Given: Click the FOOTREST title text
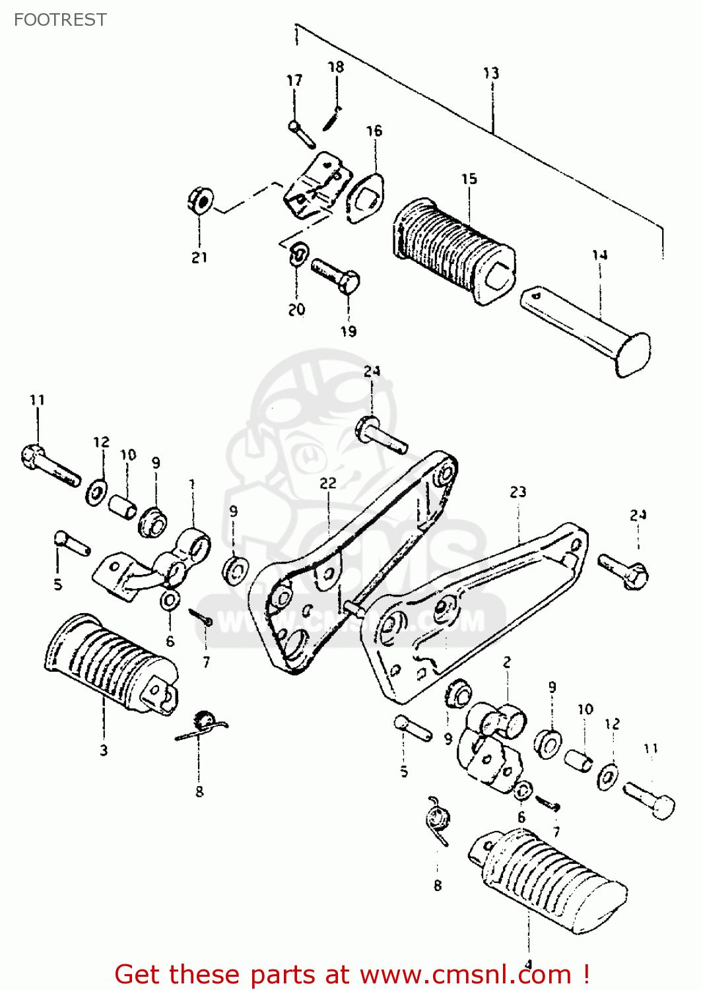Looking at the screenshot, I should tap(60, 20).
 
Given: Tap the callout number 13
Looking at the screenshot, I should tap(491, 73).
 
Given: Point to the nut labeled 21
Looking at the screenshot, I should tap(200, 200).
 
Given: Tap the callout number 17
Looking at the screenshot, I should tap(294, 81).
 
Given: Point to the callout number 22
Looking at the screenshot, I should tap(328, 483).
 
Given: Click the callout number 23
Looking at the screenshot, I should tap(518, 492).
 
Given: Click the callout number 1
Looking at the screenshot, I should tap(191, 485).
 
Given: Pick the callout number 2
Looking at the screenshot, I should tap(507, 662).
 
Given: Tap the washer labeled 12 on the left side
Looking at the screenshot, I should tap(97, 491).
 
